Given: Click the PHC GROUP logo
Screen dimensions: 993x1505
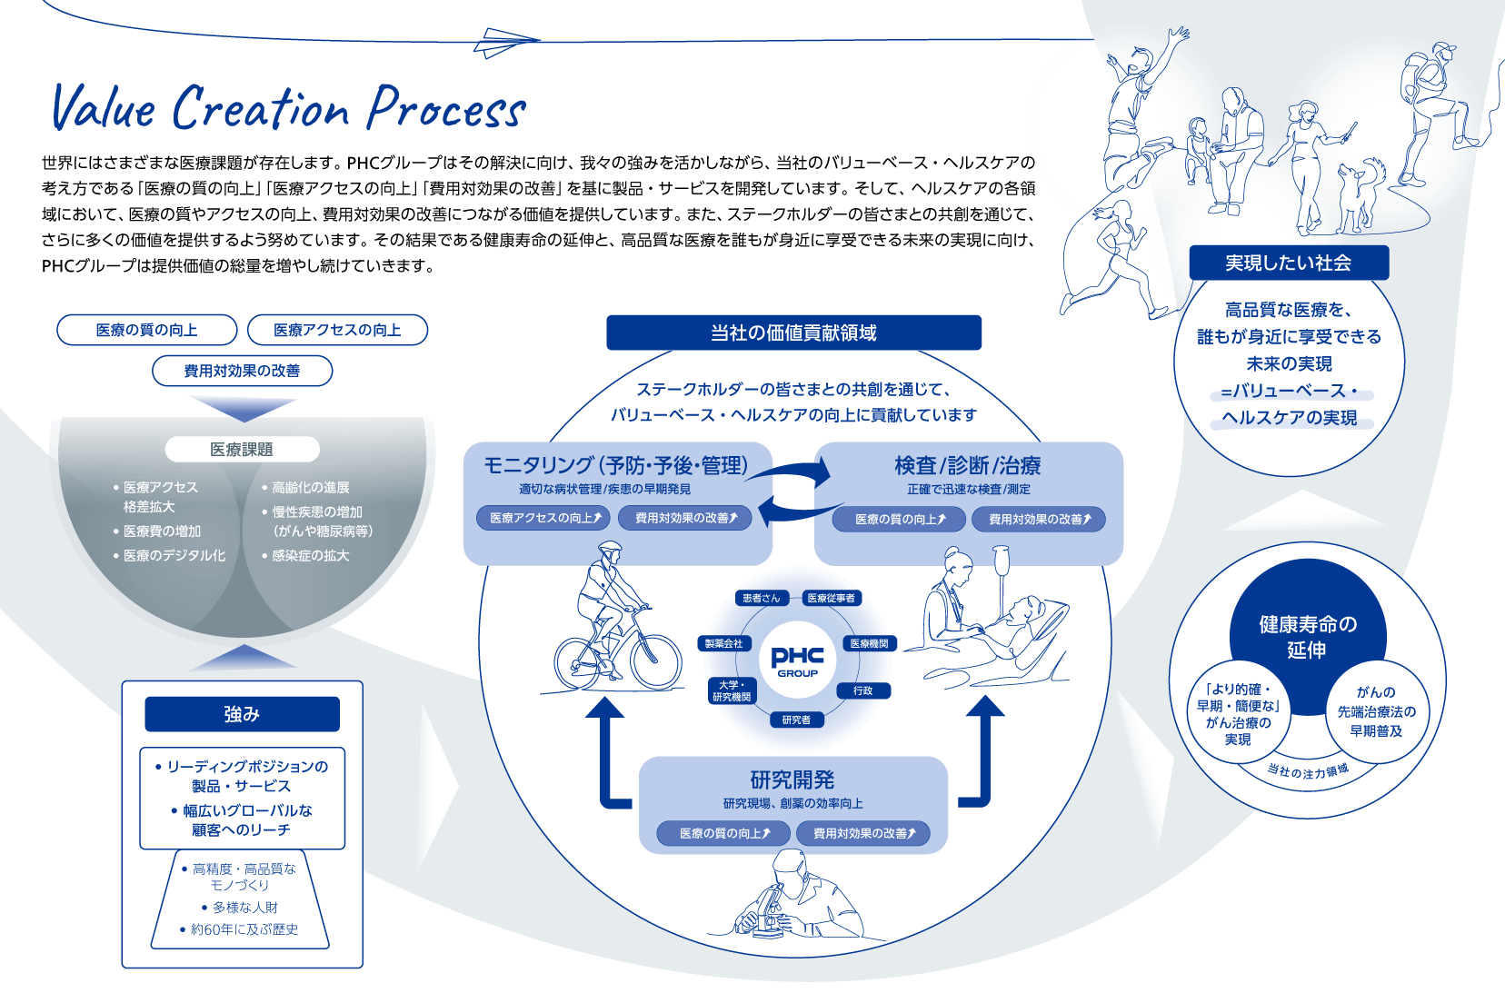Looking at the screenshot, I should pyautogui.click(x=797, y=660).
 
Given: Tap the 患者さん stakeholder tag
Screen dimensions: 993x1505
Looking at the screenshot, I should pyautogui.click(x=761, y=598).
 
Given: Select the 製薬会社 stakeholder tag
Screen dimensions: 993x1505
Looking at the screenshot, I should pyautogui.click(x=724, y=643).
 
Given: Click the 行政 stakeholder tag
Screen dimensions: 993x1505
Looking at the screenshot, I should pyautogui.click(x=863, y=690).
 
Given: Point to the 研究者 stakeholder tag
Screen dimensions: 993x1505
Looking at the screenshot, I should pyautogui.click(x=796, y=720).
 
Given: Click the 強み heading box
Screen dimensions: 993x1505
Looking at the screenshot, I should pyautogui.click(x=242, y=714).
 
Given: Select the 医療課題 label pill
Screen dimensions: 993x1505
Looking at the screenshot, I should pyautogui.click(x=242, y=449).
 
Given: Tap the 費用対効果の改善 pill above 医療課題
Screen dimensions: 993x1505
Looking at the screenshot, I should pyautogui.click(x=242, y=371).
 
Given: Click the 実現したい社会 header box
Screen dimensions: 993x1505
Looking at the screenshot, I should pyautogui.click(x=1289, y=263).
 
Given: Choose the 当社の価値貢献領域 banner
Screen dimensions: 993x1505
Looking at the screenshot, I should pyautogui.click(x=793, y=333).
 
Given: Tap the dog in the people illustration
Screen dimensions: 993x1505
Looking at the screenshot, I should pyautogui.click(x=1360, y=193).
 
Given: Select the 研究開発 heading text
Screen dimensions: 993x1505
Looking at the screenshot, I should pyautogui.click(x=792, y=780).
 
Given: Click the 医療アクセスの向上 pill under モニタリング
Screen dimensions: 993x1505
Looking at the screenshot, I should pyautogui.click(x=543, y=518).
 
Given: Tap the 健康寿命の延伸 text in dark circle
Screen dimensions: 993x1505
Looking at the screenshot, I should pyautogui.click(x=1307, y=637).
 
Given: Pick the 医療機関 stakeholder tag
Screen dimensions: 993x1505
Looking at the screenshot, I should pyautogui.click(x=869, y=643).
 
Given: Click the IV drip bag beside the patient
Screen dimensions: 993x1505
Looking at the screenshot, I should pyautogui.click(x=1001, y=561).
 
